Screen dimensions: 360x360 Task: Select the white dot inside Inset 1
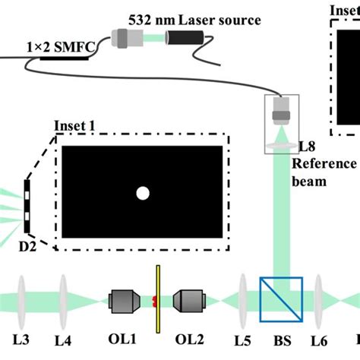tap(142, 194)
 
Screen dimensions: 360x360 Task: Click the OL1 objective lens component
tap(123, 302)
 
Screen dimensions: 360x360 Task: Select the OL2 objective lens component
tap(188, 302)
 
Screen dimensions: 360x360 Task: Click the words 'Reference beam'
tap(324, 173)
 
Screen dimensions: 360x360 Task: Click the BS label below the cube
tap(276, 339)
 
